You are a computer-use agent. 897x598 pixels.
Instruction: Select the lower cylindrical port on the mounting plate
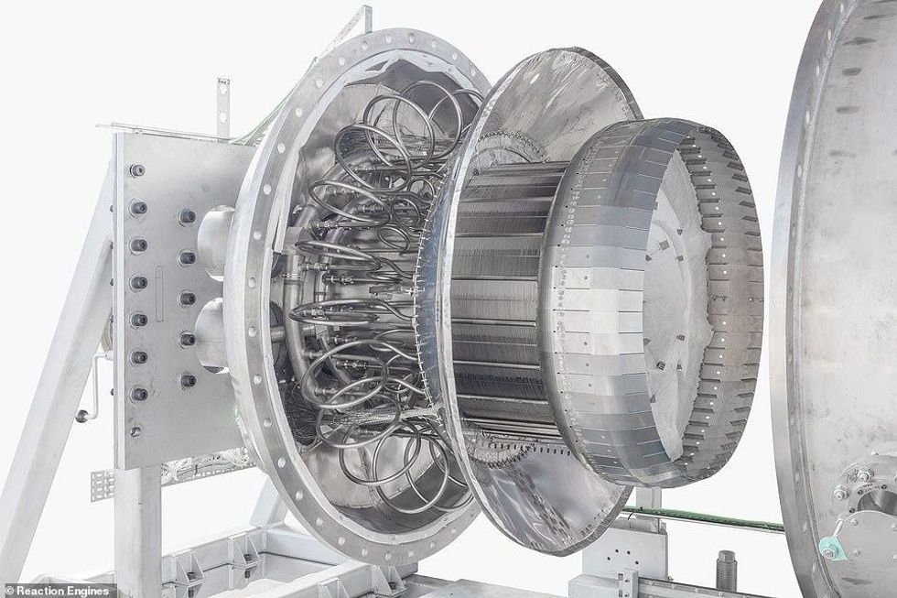pyautogui.click(x=211, y=333)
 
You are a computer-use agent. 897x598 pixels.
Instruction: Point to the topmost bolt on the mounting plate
pyautogui.click(x=137, y=170)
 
